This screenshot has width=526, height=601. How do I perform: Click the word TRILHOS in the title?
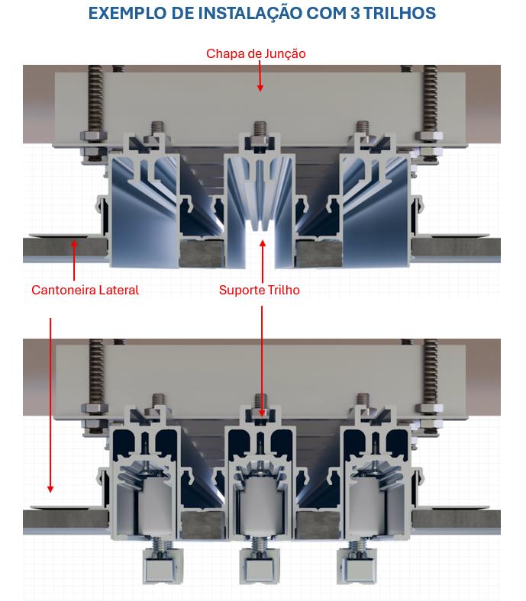pyautogui.click(x=399, y=13)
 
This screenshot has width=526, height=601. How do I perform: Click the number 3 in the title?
pyautogui.click(x=355, y=13)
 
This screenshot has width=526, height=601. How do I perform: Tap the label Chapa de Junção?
pyautogui.click(x=256, y=53)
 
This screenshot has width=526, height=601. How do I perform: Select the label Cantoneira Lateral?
pyautogui.click(x=86, y=290)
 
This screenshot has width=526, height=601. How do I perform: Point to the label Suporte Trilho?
pyautogui.click(x=260, y=290)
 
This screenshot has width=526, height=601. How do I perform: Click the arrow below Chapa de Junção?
pyautogui.click(x=260, y=76)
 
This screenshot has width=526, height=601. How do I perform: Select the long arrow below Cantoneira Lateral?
pyautogui.click(x=50, y=405)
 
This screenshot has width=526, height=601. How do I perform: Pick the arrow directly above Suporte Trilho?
pyautogui.click(x=263, y=262)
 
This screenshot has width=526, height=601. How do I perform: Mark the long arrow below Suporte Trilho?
pyautogui.click(x=262, y=361)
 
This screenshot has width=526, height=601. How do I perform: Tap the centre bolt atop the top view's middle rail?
pyautogui.click(x=260, y=131)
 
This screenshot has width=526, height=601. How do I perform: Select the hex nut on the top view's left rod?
pyautogui.click(x=94, y=136)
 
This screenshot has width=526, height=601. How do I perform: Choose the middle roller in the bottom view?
pyautogui.click(x=261, y=507)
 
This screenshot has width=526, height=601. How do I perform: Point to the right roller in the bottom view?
pyautogui.click(x=367, y=508)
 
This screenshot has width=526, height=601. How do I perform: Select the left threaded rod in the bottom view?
pyautogui.click(x=95, y=371)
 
